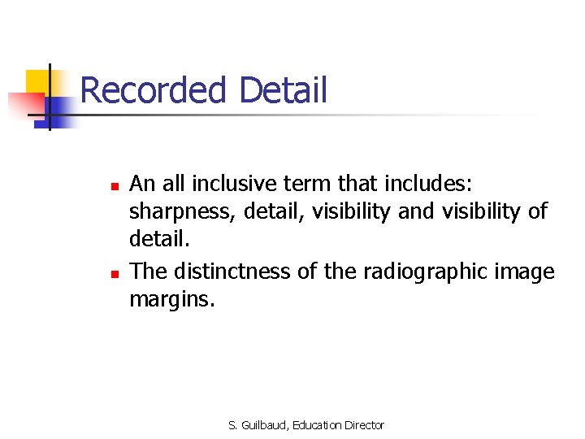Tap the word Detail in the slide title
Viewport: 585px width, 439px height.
pos(284,90)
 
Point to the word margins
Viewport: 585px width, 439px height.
pos(171,301)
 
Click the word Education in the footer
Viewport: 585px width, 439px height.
pos(316,425)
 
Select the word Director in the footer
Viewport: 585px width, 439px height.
pos(364,425)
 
